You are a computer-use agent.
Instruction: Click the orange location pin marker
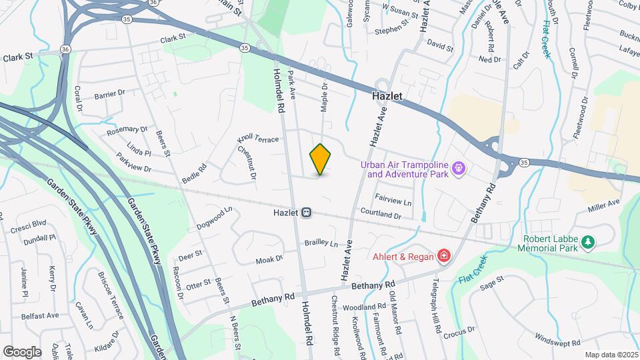321,159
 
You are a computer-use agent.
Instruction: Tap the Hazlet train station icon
307,213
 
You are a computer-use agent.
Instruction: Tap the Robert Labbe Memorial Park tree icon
587,242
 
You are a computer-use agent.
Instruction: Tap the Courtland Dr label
380,215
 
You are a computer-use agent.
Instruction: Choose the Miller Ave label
604,206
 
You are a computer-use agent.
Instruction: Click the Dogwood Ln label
214,218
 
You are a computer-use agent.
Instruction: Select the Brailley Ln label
321,243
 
